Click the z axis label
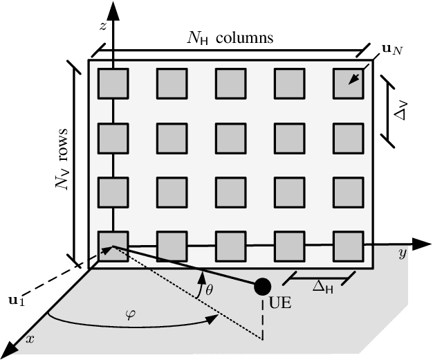[102, 26]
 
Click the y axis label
[402, 254]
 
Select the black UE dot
[262, 285]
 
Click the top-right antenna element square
[348, 84]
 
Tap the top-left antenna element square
[112, 84]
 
